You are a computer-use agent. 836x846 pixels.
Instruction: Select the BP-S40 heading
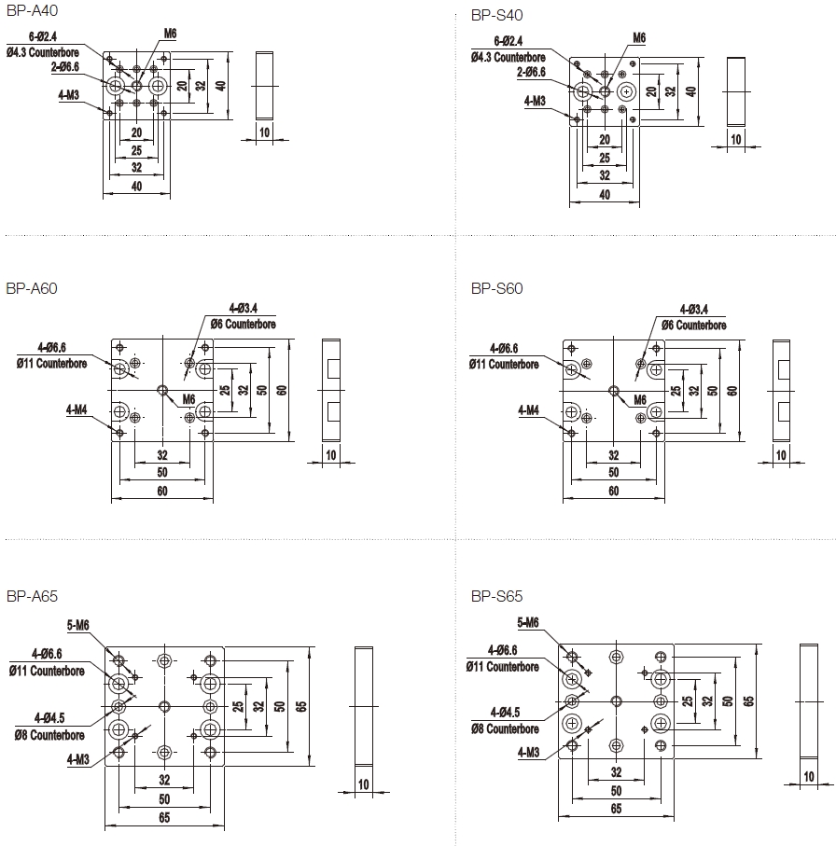click(497, 16)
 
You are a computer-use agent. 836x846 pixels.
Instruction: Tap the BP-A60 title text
click(32, 289)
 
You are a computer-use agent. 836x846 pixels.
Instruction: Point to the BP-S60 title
click(497, 289)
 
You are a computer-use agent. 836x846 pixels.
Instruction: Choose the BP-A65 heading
click(32, 596)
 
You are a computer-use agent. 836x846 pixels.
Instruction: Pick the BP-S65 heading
click(497, 596)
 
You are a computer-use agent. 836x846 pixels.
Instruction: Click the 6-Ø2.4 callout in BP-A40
click(45, 39)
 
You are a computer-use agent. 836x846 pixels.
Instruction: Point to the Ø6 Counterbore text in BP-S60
click(693, 326)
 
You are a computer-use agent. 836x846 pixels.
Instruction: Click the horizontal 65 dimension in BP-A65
click(164, 818)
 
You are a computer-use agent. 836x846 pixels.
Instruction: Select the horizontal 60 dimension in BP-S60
click(614, 491)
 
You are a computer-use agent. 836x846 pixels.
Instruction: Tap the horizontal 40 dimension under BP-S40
click(605, 195)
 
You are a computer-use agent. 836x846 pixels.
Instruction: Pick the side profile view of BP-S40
click(737, 91)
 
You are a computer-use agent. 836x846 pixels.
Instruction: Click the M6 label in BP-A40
click(171, 34)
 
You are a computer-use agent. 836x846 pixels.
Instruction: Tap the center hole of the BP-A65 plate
click(165, 705)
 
